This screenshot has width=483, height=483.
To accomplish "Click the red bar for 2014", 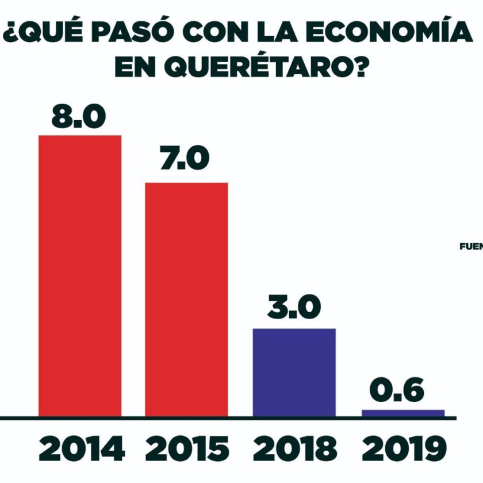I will [x=80, y=275].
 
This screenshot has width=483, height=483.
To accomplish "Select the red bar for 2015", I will [x=186, y=299].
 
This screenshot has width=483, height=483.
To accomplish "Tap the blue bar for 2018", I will [x=294, y=372].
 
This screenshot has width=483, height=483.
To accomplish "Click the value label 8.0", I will [x=79, y=117].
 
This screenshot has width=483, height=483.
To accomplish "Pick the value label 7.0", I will [x=185, y=159].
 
